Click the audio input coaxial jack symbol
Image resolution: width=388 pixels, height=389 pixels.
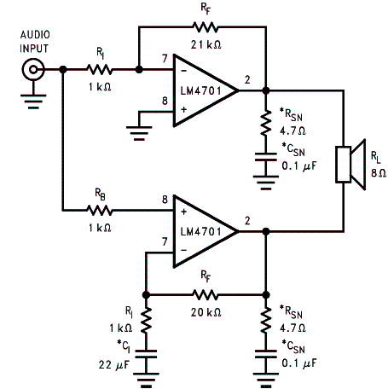[33, 69]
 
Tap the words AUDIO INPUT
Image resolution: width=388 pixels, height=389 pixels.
[35, 42]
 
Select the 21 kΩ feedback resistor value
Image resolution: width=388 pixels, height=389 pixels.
[206, 44]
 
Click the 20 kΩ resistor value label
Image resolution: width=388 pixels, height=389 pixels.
[206, 312]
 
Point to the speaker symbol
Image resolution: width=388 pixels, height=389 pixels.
[350, 165]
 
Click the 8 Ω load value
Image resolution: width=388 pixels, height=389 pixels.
[379, 173]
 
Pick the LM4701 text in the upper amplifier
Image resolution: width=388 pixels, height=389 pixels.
[200, 91]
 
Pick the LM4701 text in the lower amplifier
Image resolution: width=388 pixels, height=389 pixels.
[200, 232]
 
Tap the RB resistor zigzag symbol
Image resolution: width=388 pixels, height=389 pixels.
[100, 211]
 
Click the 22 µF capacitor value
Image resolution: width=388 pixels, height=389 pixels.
[113, 365]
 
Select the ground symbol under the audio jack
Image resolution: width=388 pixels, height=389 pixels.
[33, 102]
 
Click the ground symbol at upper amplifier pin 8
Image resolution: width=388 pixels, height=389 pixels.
[139, 133]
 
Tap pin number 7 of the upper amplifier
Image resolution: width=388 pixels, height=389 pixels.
[165, 59]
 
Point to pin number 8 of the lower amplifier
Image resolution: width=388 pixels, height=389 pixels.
[165, 200]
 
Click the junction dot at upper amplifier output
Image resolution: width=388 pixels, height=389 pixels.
[266, 90]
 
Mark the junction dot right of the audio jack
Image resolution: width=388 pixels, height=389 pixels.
[63, 69]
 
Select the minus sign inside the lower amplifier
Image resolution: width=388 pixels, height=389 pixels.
[184, 250]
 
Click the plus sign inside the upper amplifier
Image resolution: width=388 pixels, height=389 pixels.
[184, 109]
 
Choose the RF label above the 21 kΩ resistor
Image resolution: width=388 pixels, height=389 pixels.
[206, 8]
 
